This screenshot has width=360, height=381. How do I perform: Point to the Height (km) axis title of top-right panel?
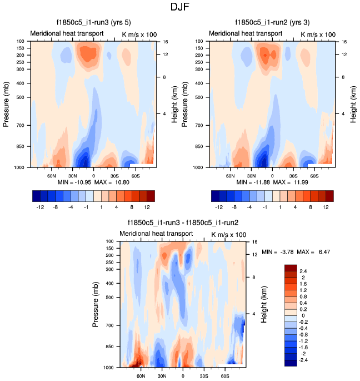[x=353, y=104]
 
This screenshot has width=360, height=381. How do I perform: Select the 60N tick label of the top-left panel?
[x=52, y=175]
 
